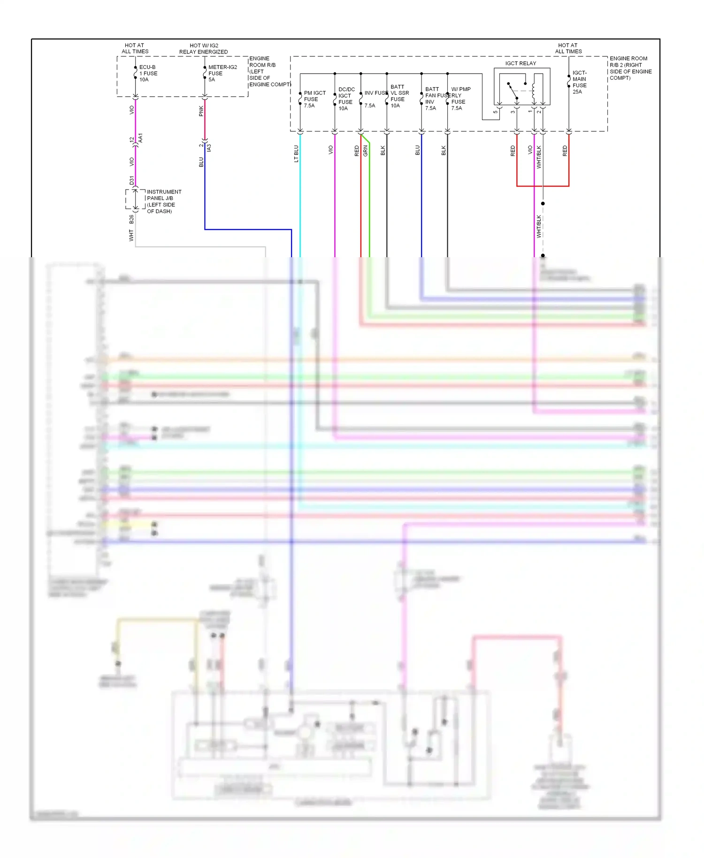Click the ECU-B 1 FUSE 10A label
pyautogui.click(x=148, y=73)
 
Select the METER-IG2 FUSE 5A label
pyautogui.click(x=222, y=73)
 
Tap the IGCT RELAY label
pyautogui.click(x=520, y=63)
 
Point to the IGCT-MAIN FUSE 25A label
pyautogui.click(x=580, y=82)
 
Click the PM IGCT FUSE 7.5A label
pyautogui.click(x=314, y=99)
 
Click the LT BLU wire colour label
pyautogui.click(x=296, y=153)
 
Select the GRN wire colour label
pyautogui.click(x=365, y=151)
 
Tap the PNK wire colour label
pyautogui.click(x=201, y=111)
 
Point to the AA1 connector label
pyautogui.click(x=140, y=138)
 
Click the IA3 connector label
pyautogui.click(x=209, y=147)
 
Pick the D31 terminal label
pyautogui.click(x=131, y=180)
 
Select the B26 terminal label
pyautogui.click(x=131, y=219)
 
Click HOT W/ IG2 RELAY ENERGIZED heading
pyautogui.click(x=204, y=49)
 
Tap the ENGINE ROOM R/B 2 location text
pyautogui.click(x=630, y=68)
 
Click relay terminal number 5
pyautogui.click(x=496, y=112)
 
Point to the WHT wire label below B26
pyautogui.click(x=131, y=235)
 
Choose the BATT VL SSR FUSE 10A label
pyautogui.click(x=399, y=96)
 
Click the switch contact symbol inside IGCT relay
pyautogui.click(x=513, y=92)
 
